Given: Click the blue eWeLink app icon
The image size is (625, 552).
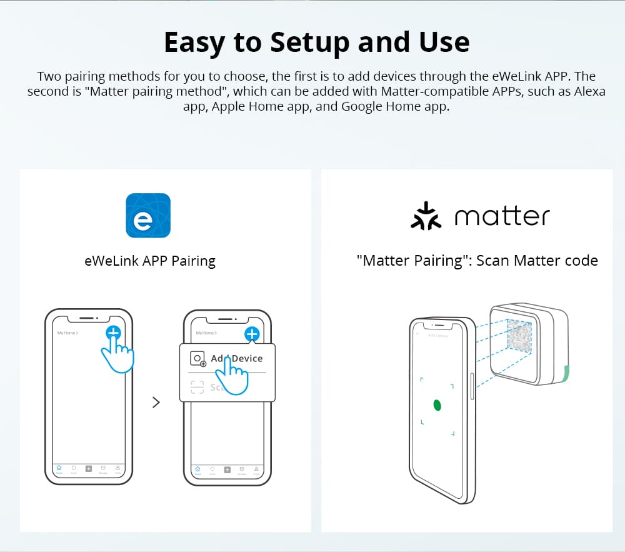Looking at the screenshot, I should (148, 215).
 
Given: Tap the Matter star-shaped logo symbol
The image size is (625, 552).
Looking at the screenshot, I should (426, 216).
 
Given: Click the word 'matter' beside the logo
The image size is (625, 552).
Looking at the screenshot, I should (502, 216).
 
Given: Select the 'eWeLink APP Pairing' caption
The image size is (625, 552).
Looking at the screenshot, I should (150, 261).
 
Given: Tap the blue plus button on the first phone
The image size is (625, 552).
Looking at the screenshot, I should (113, 333).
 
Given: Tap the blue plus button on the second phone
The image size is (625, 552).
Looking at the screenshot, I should (251, 334).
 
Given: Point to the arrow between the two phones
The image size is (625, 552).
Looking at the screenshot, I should (156, 403).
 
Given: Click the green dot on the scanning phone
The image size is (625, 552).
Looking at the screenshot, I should (437, 405).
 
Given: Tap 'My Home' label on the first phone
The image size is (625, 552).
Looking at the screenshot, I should (67, 333).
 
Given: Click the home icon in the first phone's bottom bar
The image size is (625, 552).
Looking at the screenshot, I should (59, 469).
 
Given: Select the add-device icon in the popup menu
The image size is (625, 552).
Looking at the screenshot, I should (198, 359).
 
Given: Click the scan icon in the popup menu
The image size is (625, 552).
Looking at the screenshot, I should (197, 388).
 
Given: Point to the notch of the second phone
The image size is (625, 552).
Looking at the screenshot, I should (227, 318).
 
